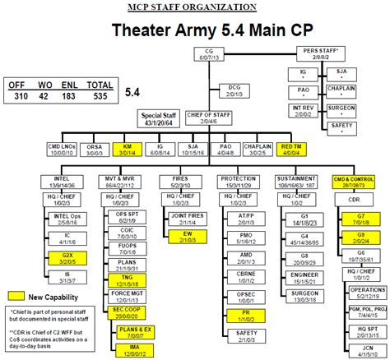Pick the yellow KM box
coord(128,150)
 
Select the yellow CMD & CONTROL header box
coord(354,182)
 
